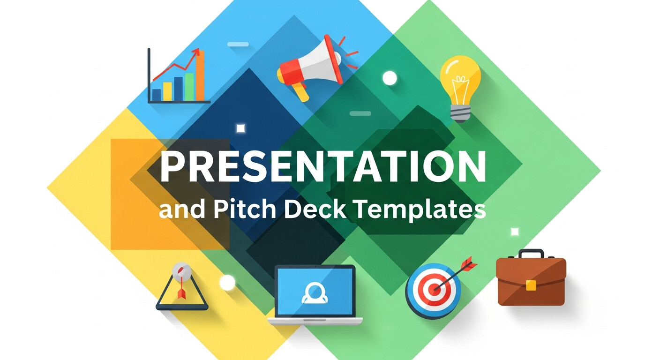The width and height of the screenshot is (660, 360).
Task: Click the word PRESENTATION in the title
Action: click(x=322, y=167)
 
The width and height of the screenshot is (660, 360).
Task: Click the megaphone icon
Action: click(x=310, y=66)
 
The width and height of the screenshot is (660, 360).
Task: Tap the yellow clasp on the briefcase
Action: click(x=531, y=285)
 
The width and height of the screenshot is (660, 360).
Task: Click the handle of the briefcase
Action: click(x=531, y=254)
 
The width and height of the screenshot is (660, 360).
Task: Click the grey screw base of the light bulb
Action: click(x=460, y=112)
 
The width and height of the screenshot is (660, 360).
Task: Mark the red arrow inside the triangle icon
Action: click(x=181, y=292)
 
